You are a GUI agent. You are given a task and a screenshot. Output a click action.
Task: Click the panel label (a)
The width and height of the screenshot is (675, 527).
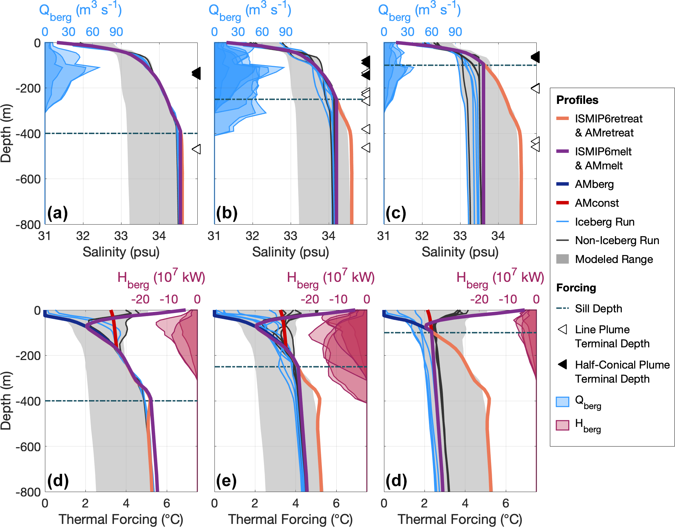(57, 213)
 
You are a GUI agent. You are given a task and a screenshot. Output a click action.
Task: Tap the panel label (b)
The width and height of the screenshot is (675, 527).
(227, 213)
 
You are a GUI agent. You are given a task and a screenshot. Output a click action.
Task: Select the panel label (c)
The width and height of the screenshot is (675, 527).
(396, 213)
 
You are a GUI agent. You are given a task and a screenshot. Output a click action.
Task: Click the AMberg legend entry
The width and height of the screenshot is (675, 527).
(594, 184)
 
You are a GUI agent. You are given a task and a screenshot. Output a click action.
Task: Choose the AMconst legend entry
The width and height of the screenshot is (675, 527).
(597, 203)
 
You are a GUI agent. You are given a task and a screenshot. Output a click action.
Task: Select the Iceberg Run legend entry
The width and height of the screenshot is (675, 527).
(604, 222)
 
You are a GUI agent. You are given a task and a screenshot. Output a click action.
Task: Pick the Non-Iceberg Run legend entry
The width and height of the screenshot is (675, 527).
(617, 240)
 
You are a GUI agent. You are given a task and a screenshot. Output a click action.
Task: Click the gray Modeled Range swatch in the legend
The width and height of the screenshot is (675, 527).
(562, 259)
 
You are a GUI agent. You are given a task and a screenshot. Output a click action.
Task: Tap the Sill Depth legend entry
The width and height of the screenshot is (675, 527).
(598, 309)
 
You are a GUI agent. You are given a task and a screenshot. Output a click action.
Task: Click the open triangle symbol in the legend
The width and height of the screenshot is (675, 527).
(563, 330)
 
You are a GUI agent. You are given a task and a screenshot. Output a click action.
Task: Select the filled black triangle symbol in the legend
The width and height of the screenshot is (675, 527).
(563, 364)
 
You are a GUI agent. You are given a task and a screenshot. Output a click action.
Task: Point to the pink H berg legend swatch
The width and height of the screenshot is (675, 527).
(562, 425)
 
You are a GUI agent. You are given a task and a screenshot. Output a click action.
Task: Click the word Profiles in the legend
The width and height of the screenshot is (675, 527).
(577, 100)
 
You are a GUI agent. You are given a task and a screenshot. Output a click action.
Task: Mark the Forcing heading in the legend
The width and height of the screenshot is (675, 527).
(576, 288)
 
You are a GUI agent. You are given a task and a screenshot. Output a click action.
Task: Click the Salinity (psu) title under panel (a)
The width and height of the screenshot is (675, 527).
(121, 252)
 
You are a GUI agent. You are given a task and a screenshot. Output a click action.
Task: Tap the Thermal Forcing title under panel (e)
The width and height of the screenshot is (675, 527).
(290, 519)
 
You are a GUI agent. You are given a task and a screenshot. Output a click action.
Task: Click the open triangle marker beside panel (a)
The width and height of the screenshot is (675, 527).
(196, 149)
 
